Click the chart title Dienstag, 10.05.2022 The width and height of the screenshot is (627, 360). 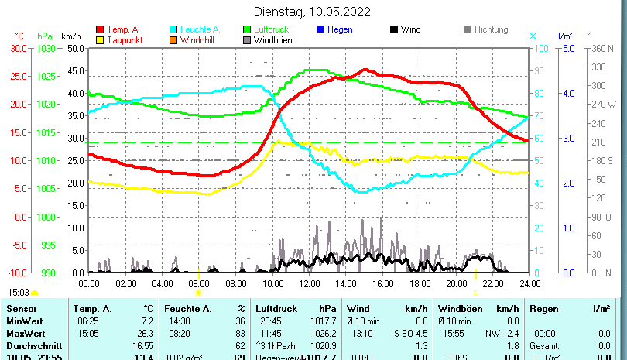(x=312, y=12)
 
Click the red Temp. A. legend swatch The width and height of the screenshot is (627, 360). (x=99, y=30)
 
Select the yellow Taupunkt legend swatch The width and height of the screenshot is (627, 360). (x=99, y=40)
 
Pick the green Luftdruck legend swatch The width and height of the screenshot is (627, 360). (x=247, y=30)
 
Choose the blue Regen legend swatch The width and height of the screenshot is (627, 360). (x=321, y=30)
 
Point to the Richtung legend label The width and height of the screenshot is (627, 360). (x=491, y=29)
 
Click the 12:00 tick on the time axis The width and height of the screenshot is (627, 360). (x=309, y=283)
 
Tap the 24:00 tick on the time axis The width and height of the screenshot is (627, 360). (x=529, y=283)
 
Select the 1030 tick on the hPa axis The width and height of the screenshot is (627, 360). (x=46, y=48)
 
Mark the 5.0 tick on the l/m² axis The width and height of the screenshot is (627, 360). (x=567, y=48)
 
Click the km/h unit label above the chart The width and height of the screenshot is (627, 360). (x=70, y=36)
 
